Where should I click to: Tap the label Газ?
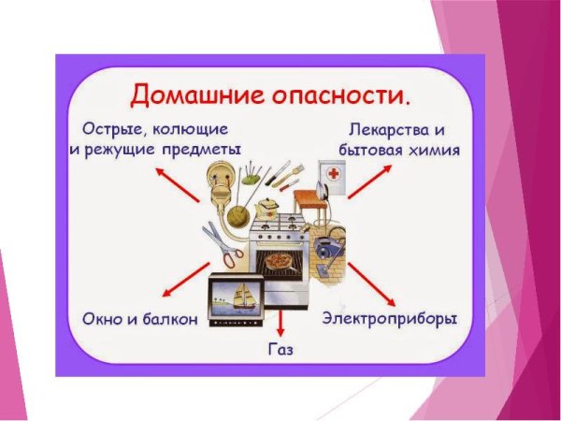(x=280, y=350)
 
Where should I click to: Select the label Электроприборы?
(x=390, y=319)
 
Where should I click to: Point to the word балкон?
(x=167, y=319)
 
